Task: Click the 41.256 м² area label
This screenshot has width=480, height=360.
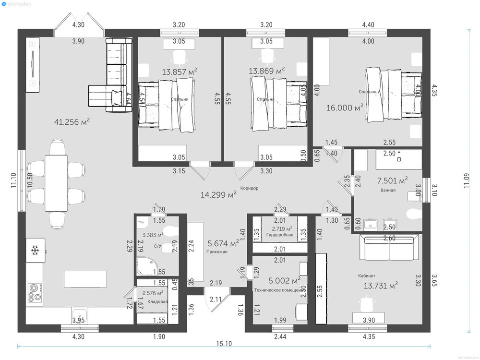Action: point(72,121)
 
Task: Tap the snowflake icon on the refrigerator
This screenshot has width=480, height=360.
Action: point(35,250)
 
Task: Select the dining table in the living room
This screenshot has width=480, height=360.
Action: point(57,182)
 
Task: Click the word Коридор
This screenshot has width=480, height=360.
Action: point(249,188)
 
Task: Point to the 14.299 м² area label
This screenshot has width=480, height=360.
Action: point(218,194)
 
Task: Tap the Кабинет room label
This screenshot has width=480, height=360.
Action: point(367,276)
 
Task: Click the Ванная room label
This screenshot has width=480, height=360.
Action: point(388,190)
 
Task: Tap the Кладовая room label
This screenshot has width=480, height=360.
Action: point(157,301)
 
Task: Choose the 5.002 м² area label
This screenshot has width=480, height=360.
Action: point(285,280)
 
